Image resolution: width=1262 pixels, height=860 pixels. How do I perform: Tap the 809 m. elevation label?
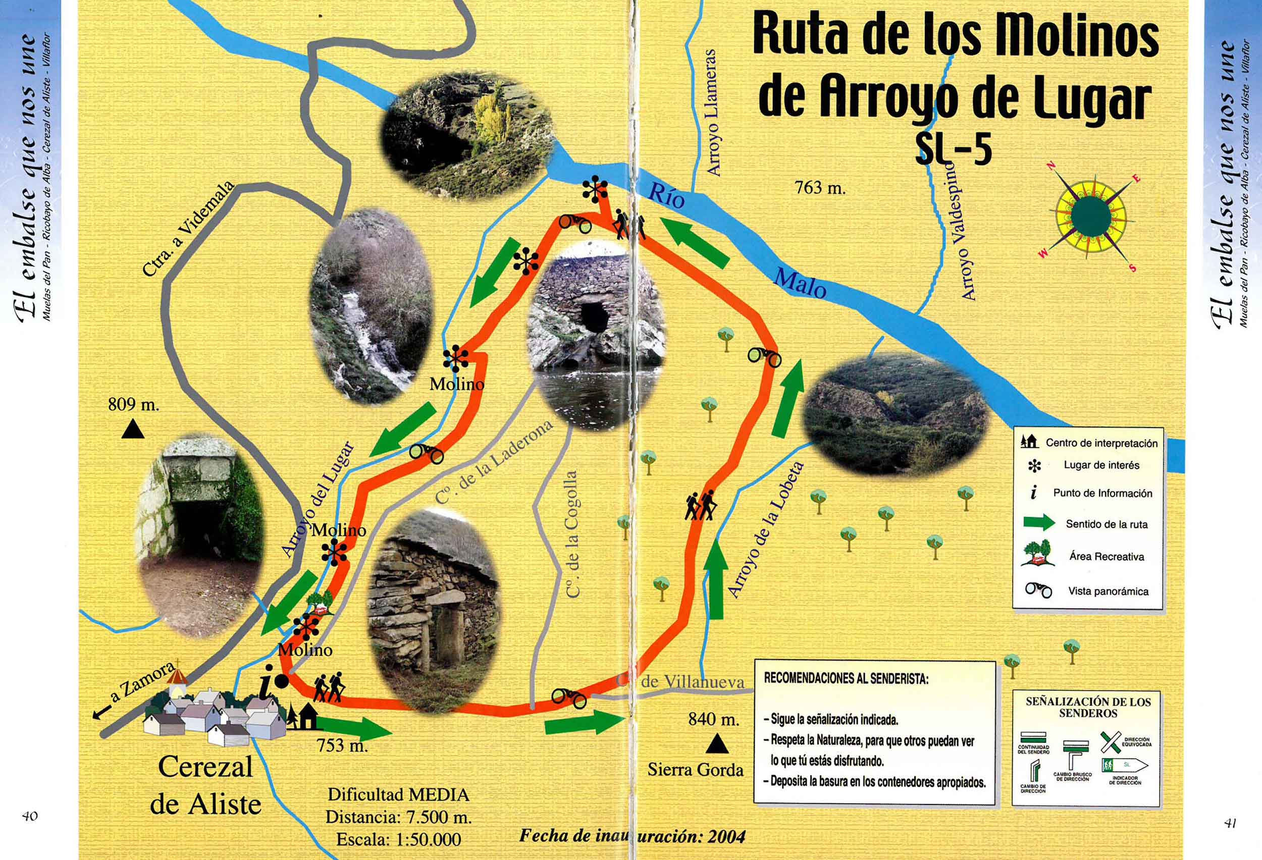click(134, 404)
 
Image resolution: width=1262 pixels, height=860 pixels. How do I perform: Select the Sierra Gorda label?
click(695, 770)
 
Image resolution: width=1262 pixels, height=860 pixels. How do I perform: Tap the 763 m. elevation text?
click(820, 188)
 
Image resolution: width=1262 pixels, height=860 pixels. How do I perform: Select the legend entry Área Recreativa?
click(1106, 557)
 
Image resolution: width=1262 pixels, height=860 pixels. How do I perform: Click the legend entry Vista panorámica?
click(1108, 592)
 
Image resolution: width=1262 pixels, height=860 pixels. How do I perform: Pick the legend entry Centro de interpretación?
click(1101, 443)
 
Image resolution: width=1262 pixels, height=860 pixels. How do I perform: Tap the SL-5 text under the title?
click(953, 150)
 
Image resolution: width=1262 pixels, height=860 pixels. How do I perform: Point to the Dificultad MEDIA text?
click(398, 795)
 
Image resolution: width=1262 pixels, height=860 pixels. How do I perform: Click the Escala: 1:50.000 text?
click(398, 839)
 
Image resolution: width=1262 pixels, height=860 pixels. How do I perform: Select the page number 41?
click(1231, 823)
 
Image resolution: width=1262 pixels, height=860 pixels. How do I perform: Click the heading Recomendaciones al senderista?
click(846, 679)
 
